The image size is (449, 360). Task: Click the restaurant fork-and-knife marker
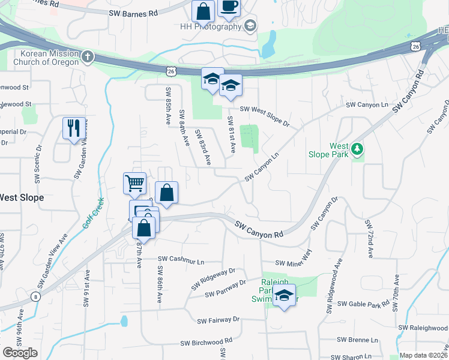74,127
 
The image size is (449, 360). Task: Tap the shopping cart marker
134,182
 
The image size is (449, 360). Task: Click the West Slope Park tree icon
358,148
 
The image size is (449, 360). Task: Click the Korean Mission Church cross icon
88,57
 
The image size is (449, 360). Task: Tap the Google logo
20,353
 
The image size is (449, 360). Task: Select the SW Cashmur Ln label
181,260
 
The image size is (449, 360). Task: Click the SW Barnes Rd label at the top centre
133,13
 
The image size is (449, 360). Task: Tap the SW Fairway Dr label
218,320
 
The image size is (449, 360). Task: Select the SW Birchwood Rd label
206,343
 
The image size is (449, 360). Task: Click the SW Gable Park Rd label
363,304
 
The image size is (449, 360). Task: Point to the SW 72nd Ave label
369,239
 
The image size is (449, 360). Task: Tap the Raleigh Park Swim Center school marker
284,296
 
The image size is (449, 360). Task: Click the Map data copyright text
424,355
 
